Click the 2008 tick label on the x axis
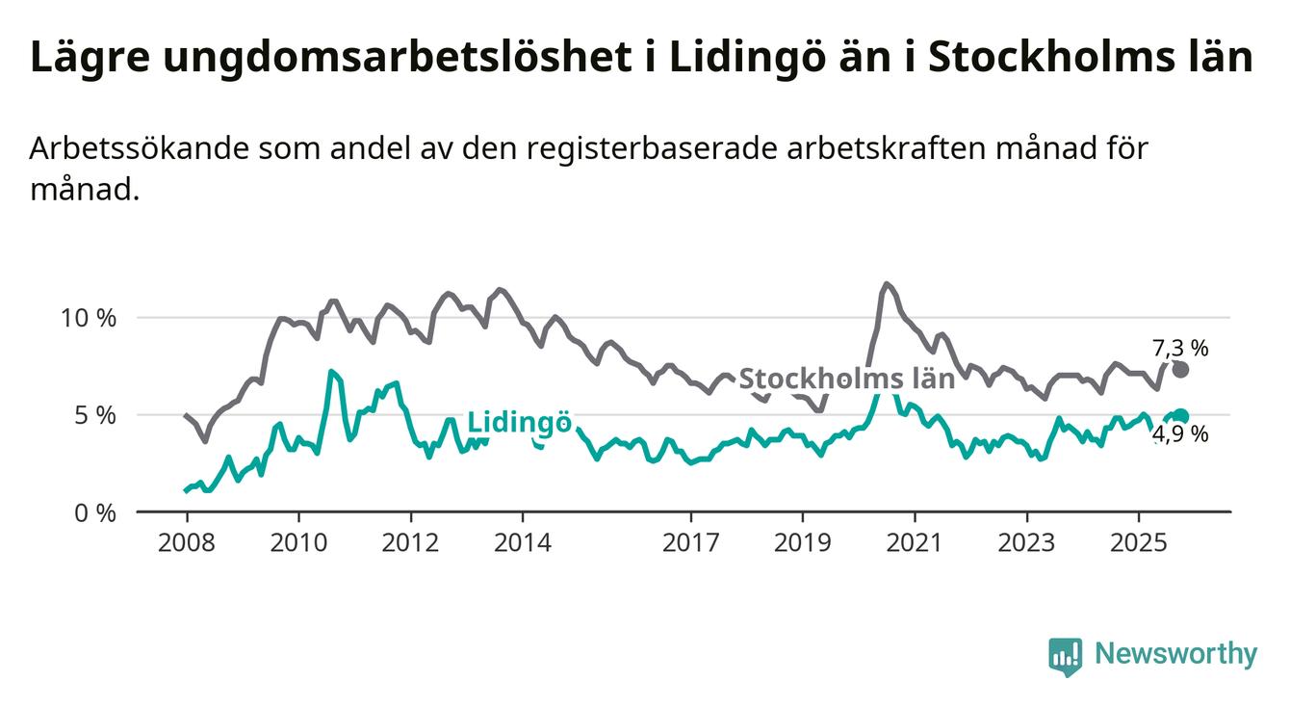(x=186, y=542)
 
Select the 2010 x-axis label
(x=298, y=542)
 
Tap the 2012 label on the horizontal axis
(x=411, y=542)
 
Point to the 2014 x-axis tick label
(x=523, y=542)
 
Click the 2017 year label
(x=691, y=542)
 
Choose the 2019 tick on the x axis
(x=803, y=542)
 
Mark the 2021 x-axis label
(x=915, y=542)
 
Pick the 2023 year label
(x=1026, y=542)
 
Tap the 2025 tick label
(x=1139, y=542)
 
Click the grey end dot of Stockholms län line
(x=1181, y=370)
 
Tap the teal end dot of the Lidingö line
(x=1181, y=416)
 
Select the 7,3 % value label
(x=1180, y=348)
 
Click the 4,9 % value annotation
(x=1180, y=434)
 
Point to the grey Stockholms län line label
(x=846, y=379)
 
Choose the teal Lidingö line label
(x=520, y=423)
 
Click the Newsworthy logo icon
(x=1065, y=656)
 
